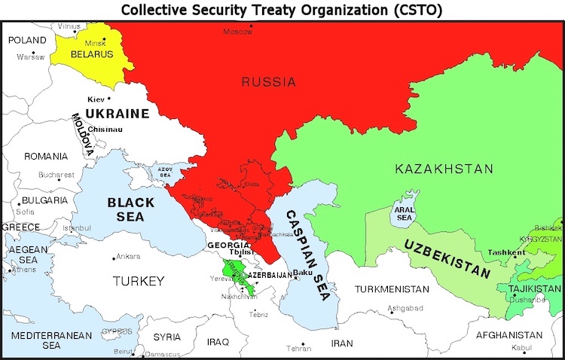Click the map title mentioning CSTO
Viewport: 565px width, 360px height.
(282, 10)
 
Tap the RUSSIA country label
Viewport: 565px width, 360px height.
(268, 82)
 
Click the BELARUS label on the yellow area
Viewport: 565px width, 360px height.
(91, 54)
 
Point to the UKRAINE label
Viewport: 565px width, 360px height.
(117, 114)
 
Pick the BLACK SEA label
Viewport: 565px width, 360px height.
(130, 209)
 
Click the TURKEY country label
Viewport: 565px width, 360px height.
(138, 281)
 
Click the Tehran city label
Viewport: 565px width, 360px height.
(299, 349)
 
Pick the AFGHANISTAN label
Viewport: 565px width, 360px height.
(508, 335)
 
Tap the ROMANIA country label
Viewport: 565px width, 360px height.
(45, 157)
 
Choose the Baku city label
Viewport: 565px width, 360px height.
(301, 273)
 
